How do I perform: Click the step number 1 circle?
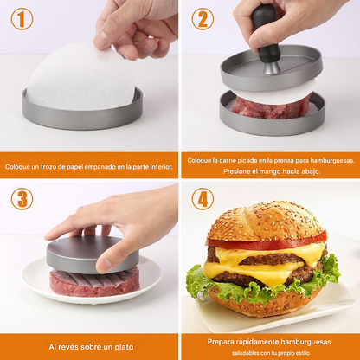pyautogui.click(x=22, y=18)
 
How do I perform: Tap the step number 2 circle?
pyautogui.click(x=202, y=18)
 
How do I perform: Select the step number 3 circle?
pyautogui.click(x=22, y=198)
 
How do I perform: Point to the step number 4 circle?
pyautogui.click(x=202, y=198)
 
